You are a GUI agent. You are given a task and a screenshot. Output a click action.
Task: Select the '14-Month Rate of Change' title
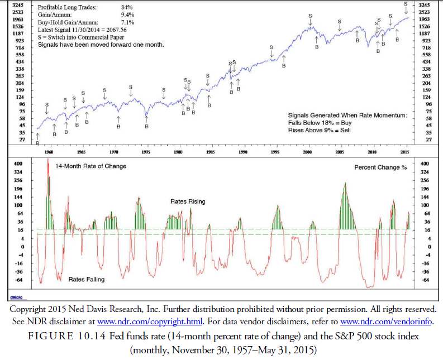[90, 166]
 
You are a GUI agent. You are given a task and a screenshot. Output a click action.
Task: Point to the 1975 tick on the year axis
[146, 151]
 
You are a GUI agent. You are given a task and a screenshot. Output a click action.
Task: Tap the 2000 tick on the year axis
[308, 151]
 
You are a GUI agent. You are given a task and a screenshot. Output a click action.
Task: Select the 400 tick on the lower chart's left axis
[18, 164]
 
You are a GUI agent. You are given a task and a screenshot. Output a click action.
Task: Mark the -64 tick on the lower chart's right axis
[424, 279]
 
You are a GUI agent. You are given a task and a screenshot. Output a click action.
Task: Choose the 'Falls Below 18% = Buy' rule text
[320, 122]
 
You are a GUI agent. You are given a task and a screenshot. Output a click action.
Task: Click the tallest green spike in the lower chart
[48, 162]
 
